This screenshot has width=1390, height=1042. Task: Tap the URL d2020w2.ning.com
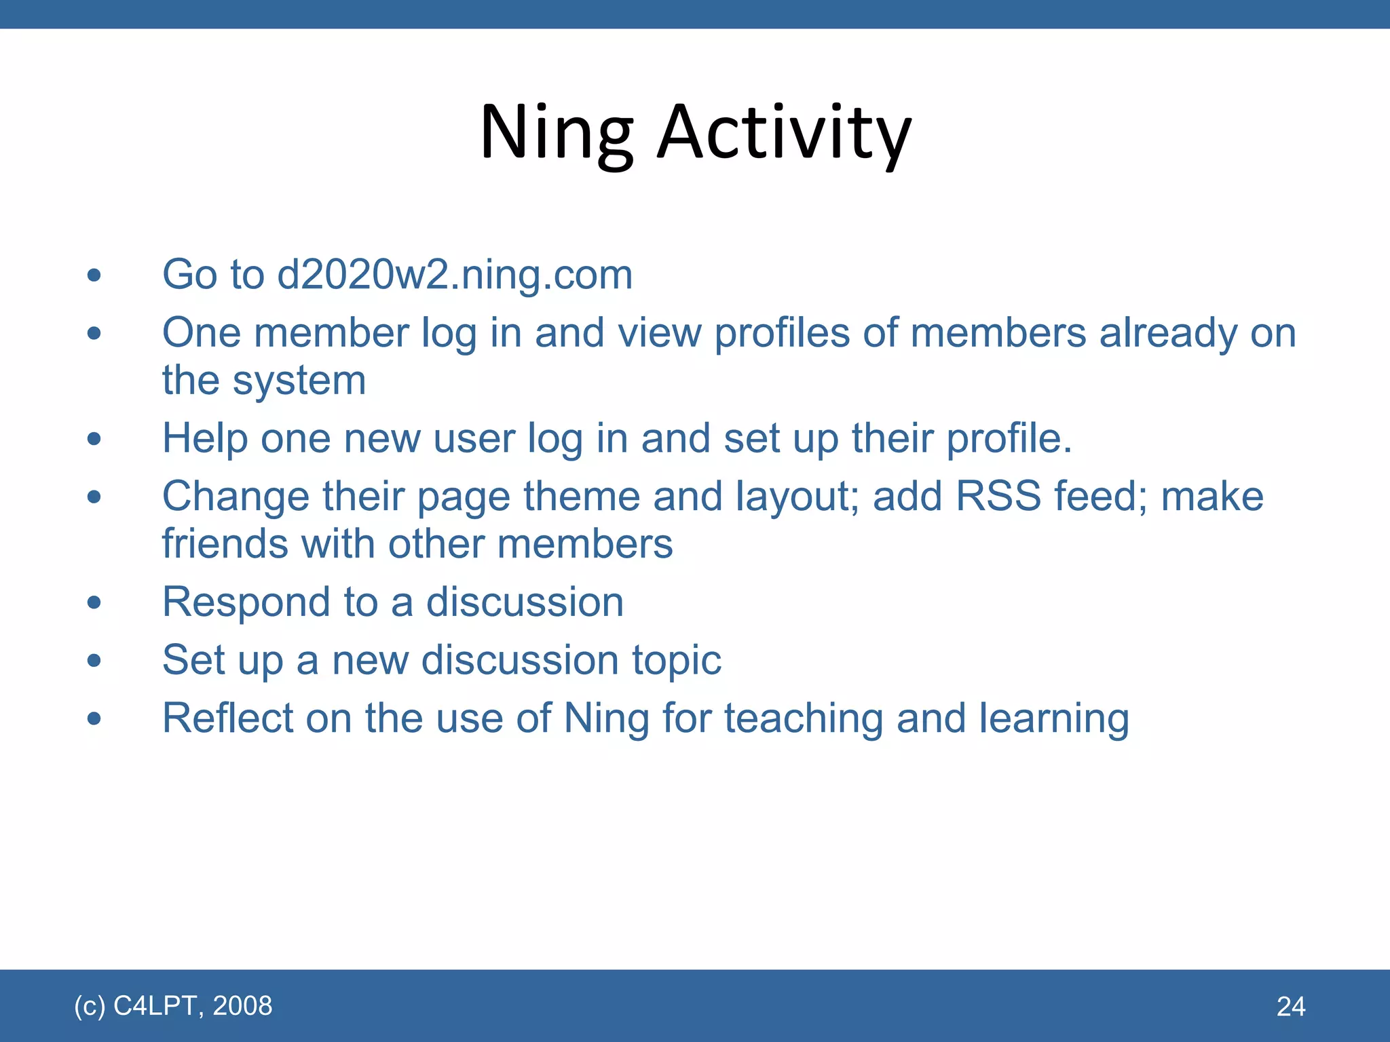pyautogui.click(x=455, y=275)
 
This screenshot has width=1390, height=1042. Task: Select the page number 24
pyautogui.click(x=1290, y=1007)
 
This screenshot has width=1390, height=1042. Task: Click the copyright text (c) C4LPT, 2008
pyautogui.click(x=173, y=1005)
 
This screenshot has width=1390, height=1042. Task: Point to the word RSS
pyautogui.click(x=998, y=496)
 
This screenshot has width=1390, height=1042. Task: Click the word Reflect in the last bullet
pyautogui.click(x=227, y=718)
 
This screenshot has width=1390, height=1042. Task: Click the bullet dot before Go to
pyautogui.click(x=94, y=275)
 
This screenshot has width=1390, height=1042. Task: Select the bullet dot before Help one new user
pyautogui.click(x=94, y=439)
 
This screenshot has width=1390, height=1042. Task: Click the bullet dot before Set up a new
pyautogui.click(x=94, y=660)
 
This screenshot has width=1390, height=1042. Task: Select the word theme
pyautogui.click(x=582, y=496)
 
